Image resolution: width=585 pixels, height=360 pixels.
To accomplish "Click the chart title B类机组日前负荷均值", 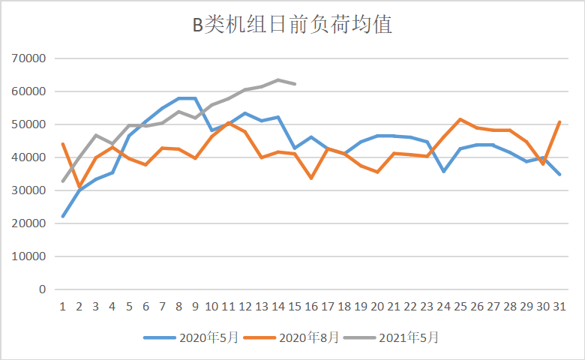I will [292, 25].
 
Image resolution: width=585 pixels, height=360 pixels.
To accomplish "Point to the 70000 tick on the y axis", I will [30, 58].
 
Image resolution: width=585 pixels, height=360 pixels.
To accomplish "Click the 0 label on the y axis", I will [43, 289].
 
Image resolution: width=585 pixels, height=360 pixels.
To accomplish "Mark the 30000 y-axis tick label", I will [30, 190].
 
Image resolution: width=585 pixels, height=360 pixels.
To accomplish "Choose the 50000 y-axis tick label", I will [30, 124].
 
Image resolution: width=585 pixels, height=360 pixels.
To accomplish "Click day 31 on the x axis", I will [558, 306].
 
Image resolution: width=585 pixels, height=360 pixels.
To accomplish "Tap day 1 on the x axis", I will [63, 306].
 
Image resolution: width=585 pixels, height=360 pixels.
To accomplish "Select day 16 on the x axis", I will [310, 306].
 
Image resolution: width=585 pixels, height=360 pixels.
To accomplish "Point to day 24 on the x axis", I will [442, 306].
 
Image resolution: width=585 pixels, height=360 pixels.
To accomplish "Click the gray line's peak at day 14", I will [277, 79].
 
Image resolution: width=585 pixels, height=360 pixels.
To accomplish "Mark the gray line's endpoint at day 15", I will [294, 84].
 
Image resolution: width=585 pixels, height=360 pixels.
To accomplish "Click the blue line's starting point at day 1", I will [63, 216].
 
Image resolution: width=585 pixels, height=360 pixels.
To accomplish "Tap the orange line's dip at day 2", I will [79, 187].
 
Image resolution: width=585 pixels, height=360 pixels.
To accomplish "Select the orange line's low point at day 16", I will [310, 178].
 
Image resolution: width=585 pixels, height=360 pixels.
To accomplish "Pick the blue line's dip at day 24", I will [442, 172].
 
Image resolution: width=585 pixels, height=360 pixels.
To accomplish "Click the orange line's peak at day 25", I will [459, 119].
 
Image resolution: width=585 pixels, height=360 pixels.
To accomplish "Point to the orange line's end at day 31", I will [558, 122].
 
